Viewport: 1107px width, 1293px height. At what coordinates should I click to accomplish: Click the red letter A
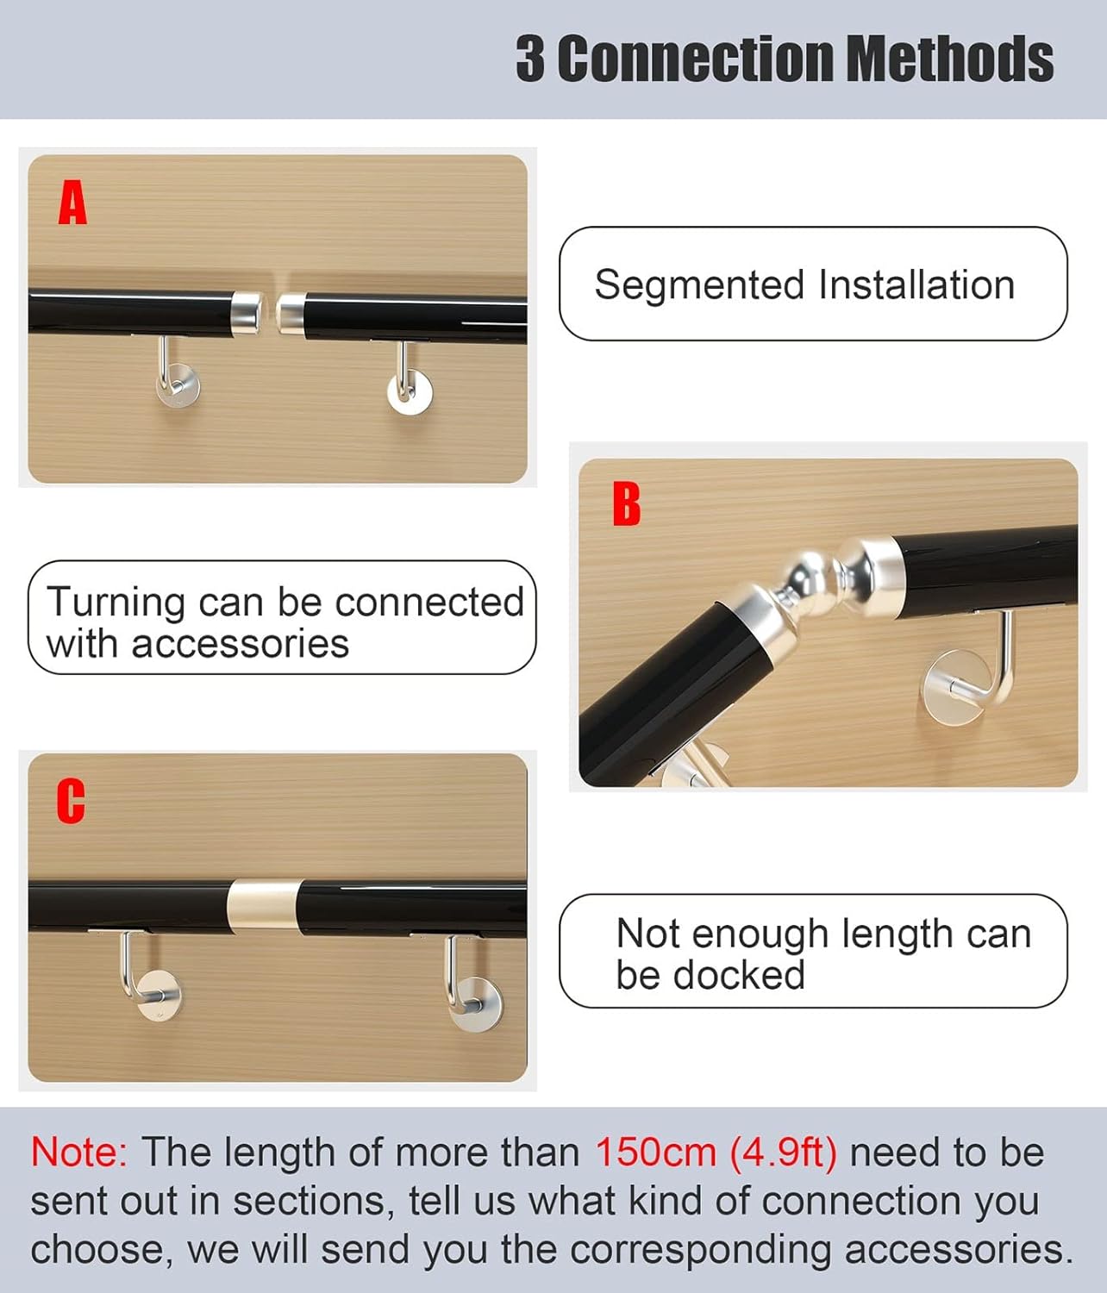72,202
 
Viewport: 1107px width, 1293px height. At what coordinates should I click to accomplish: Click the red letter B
627,503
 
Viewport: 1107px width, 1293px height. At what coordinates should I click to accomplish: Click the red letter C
71,801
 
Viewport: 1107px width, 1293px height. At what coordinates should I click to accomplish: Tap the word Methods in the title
950,58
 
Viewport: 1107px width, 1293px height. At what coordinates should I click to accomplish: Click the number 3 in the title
530,59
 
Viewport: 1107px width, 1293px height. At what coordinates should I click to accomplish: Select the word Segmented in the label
699,286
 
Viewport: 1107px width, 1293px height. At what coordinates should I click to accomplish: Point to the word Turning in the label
116,603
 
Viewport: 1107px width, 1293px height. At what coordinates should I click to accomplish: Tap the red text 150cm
655,1152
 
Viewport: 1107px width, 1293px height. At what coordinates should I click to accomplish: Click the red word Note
78,1152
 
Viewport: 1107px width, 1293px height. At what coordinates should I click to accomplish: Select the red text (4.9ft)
784,1153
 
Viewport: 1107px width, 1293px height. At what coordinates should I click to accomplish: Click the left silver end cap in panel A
247,313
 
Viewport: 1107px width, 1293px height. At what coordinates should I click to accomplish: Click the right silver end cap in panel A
291,313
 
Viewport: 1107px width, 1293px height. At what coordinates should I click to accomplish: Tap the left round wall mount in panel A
178,386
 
